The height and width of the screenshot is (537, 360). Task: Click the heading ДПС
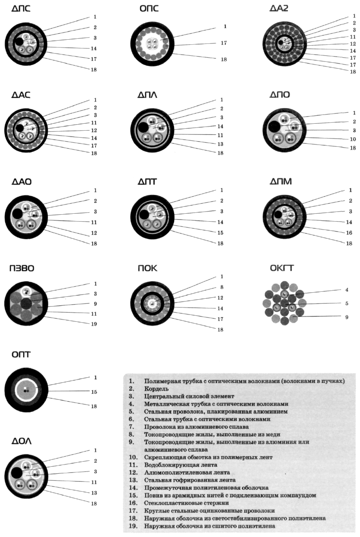coord(21,8)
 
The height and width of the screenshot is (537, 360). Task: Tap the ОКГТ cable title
coord(281,268)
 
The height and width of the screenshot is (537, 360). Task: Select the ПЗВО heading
coord(22,268)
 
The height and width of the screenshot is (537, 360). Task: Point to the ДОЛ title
coord(22,441)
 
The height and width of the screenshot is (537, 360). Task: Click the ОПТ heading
coord(21,355)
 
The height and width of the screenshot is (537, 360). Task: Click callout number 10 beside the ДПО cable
coord(353,139)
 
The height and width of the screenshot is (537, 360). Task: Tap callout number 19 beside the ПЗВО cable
coord(94,324)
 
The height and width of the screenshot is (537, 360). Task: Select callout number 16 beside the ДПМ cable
coord(349,233)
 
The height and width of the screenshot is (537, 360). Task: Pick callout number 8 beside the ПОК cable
coord(222,287)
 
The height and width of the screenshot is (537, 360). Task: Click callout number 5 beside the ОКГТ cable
coord(347,303)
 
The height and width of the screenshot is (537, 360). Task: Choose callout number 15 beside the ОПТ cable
coord(94,392)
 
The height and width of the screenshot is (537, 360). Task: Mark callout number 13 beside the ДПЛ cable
coord(220,144)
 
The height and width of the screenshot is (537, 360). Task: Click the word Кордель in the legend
coord(156,389)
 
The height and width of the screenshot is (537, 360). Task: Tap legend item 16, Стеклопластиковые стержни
coord(186,503)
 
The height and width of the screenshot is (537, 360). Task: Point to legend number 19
coord(133,526)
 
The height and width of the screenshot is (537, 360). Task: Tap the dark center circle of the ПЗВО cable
coord(26,303)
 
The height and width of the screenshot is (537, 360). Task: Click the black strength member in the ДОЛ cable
coord(16,474)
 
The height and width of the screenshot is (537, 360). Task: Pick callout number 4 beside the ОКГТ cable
coord(347,290)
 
